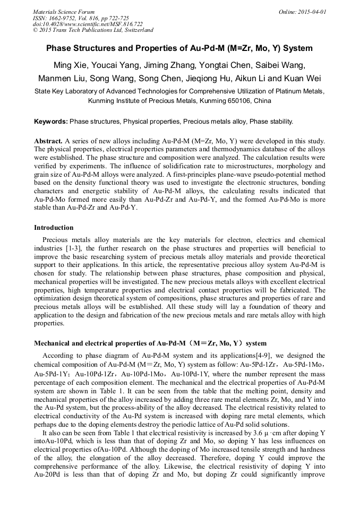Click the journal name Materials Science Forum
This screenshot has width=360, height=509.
click(x=64, y=12)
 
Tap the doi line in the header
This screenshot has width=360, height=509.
click(x=88, y=24)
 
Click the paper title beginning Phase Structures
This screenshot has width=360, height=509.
click(x=179, y=48)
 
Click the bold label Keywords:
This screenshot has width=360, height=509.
click(x=51, y=122)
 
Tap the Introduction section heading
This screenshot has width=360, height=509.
click(x=54, y=228)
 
